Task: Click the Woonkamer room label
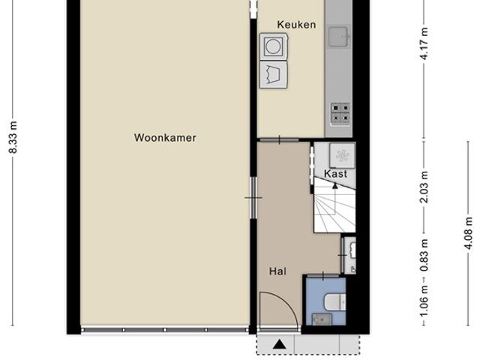[165, 138]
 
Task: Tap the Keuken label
[296, 25]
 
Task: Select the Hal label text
[277, 271]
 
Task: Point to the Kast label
[335, 174]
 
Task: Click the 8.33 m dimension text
[13, 137]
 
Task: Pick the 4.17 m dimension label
[424, 43]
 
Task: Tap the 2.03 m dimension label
[424, 187]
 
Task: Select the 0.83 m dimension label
[424, 255]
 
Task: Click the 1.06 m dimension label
[424, 301]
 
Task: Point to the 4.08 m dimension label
[468, 233]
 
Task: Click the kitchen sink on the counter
[338, 37]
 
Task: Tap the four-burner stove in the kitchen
[340, 113]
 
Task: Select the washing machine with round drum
[273, 46]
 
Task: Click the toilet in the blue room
[334, 301]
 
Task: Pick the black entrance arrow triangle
[279, 344]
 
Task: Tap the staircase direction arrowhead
[335, 185]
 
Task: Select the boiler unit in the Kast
[342, 155]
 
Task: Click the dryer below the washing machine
[273, 75]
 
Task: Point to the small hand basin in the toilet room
[322, 319]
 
